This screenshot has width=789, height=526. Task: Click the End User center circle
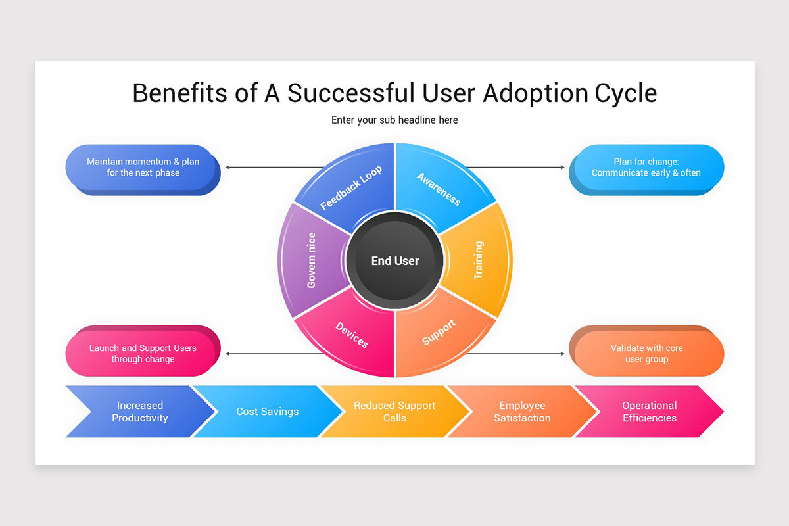394,260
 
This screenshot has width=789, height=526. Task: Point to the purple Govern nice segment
311,260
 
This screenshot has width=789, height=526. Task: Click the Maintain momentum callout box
143,167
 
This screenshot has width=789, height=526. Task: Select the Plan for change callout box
646,167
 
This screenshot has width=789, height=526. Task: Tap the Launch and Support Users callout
143,354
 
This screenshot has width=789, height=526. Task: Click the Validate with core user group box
646,354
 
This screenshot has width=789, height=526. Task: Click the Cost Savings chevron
267,412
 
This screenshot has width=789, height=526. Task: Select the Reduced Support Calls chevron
394,412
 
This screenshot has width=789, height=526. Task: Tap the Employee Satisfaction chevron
522,412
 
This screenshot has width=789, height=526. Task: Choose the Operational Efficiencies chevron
649,412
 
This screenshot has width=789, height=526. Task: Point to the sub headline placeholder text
394,120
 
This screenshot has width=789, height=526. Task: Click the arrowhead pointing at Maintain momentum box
227,167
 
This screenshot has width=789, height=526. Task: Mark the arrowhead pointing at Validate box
562,354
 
